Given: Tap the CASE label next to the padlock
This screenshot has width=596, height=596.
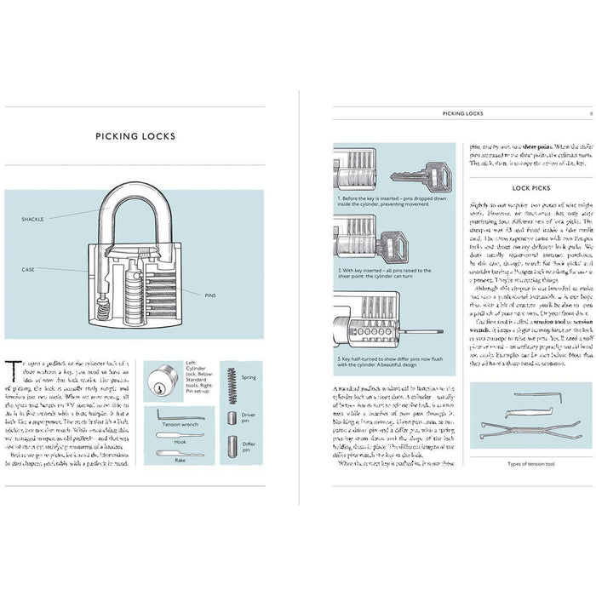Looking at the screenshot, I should (x=28, y=270).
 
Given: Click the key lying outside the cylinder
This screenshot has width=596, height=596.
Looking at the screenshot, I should (x=421, y=178).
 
